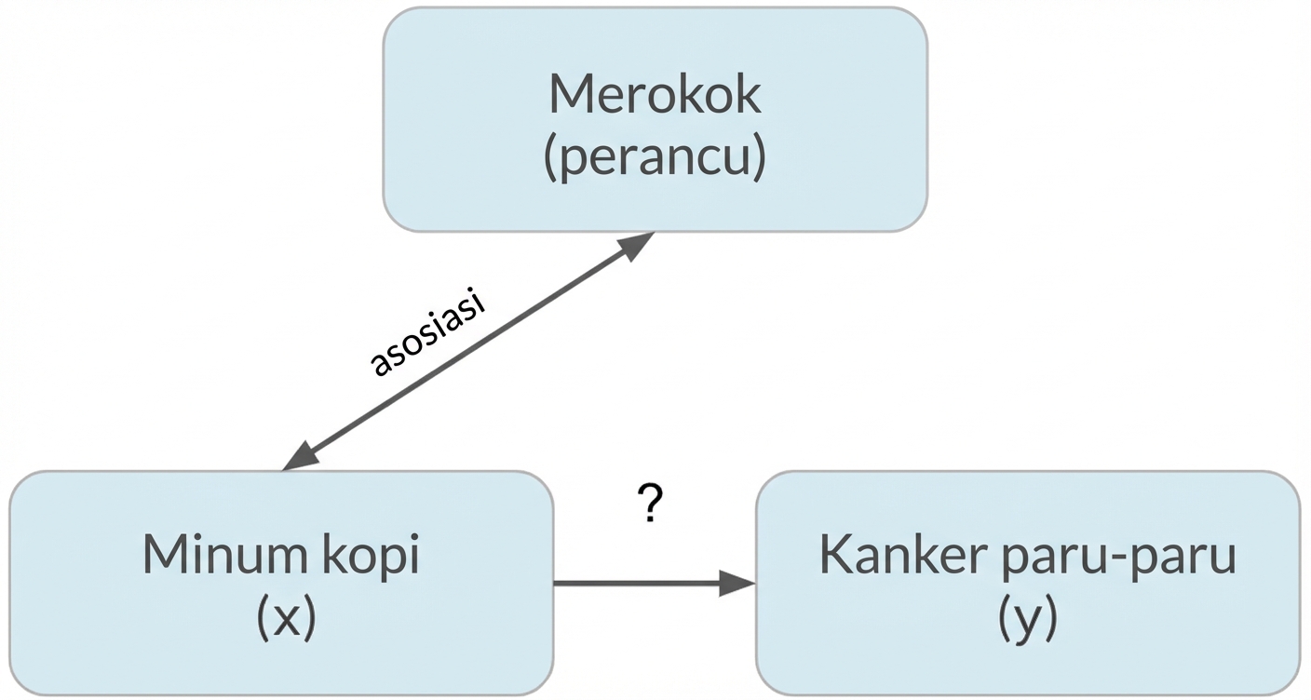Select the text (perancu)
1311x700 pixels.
(x=655, y=158)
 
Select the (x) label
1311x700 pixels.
(x=286, y=618)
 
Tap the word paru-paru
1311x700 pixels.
(x=1115, y=557)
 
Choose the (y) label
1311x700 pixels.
(x=1027, y=620)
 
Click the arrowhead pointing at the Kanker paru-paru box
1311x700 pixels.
(x=737, y=584)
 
